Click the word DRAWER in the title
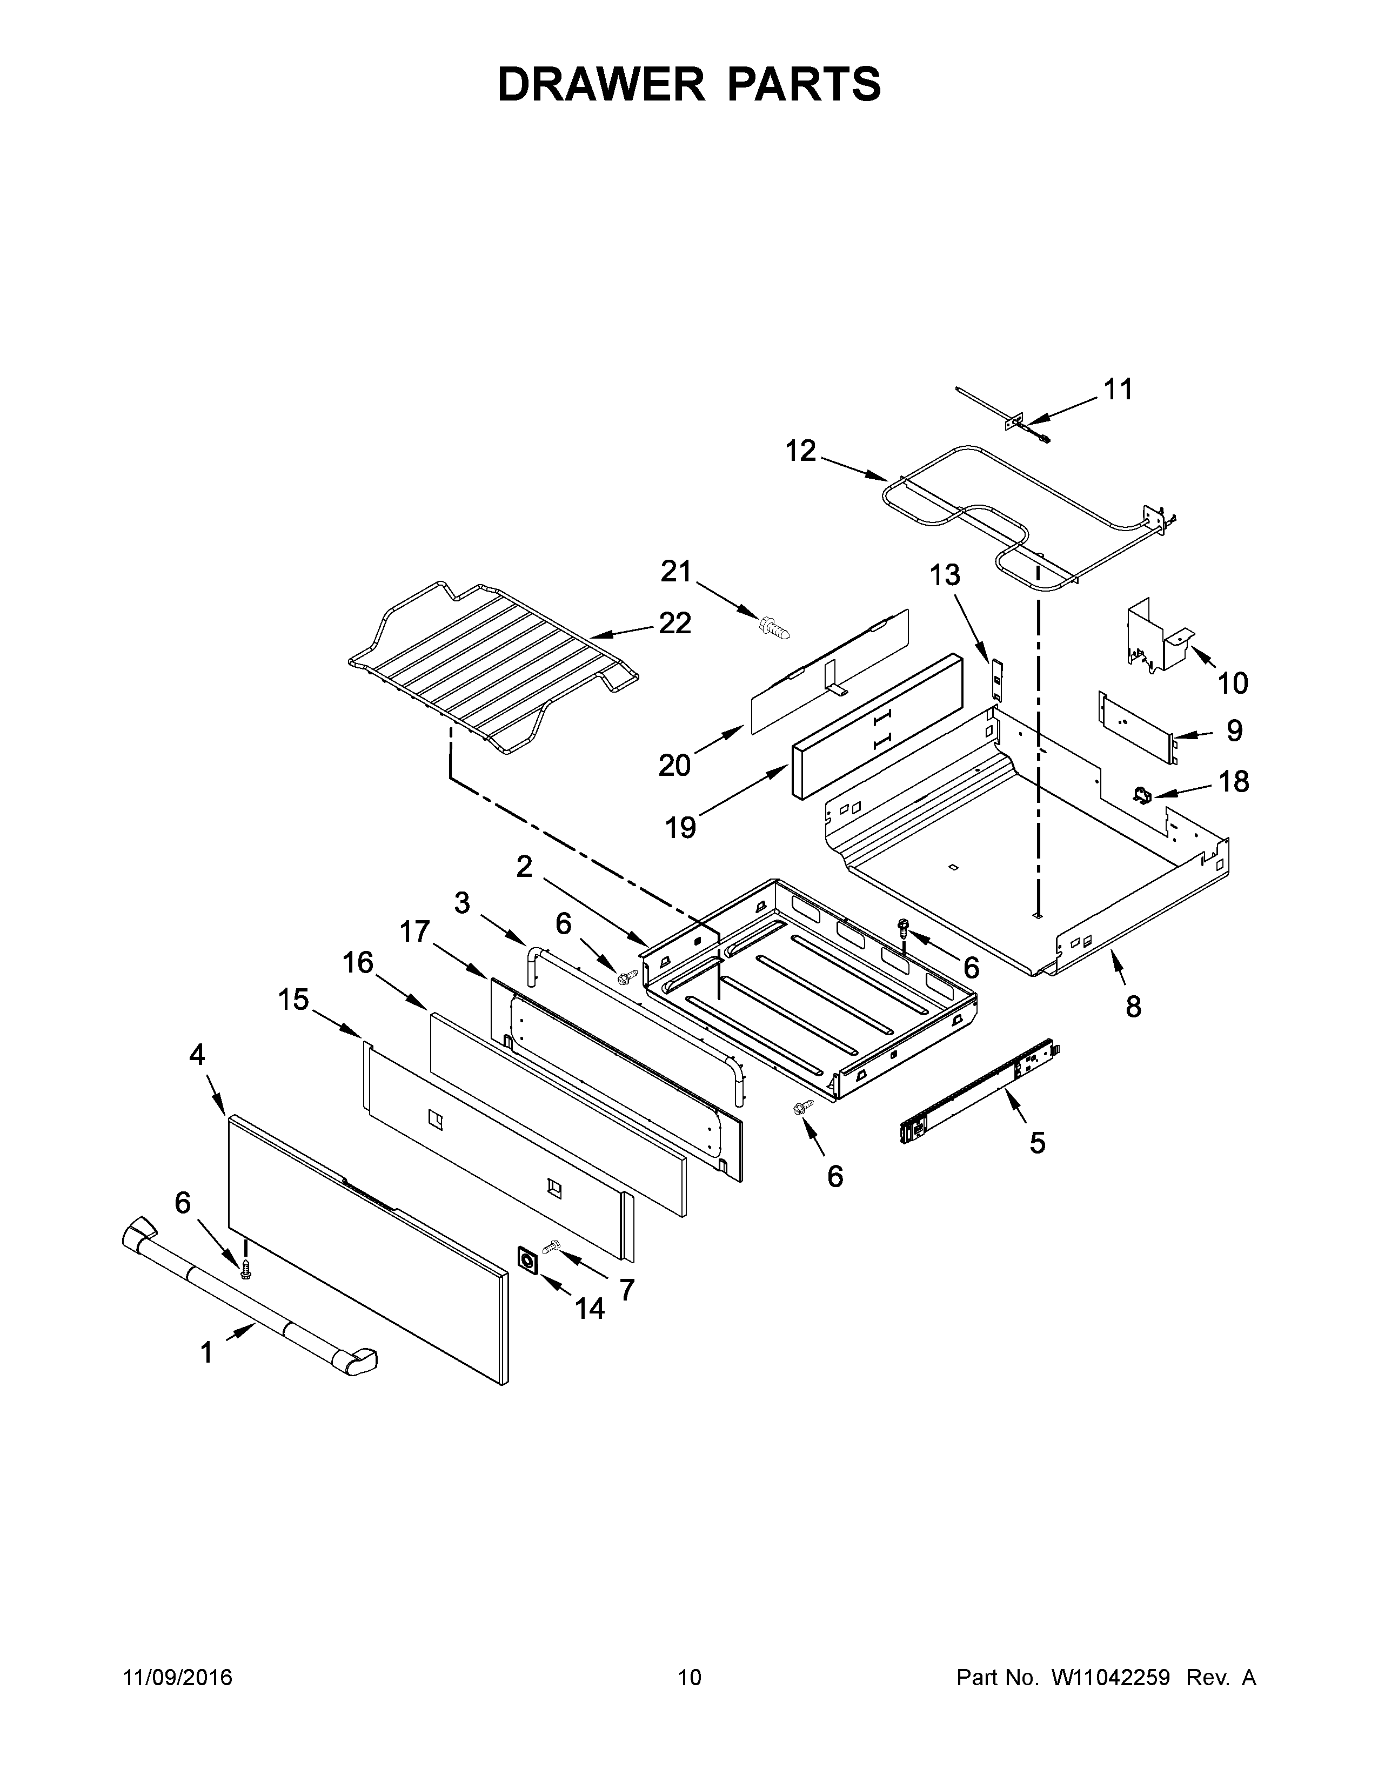pyautogui.click(x=600, y=85)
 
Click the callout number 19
pyautogui.click(x=680, y=828)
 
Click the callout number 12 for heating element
pyautogui.click(x=801, y=451)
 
